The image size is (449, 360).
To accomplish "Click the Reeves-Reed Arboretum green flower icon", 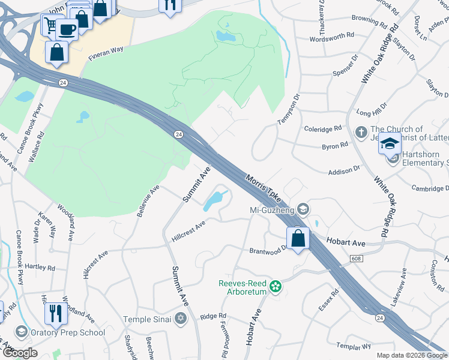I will tap(276, 287).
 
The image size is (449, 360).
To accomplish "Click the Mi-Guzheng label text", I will tap(275, 210).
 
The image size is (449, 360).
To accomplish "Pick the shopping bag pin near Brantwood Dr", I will tap(298, 239).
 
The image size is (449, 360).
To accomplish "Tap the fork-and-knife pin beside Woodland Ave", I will tap(56, 313).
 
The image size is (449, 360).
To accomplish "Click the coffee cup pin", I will tap(67, 28).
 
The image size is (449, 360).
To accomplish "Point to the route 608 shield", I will tap(357, 257).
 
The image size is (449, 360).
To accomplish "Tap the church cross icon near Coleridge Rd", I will tap(361, 132).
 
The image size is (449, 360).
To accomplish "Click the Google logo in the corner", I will tap(20, 353).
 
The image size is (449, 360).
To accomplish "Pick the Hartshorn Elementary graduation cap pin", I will tap(390, 145).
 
